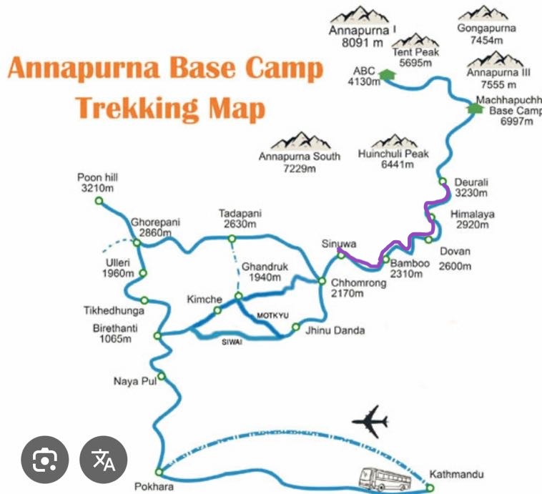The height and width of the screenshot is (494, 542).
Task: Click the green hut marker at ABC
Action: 387,74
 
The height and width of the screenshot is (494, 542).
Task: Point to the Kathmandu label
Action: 456,474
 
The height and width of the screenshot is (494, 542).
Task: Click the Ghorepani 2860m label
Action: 150,227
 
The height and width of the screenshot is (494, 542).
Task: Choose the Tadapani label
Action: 241,218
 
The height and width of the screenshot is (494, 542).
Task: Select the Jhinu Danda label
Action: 335,330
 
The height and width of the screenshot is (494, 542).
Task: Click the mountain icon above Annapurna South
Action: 300,140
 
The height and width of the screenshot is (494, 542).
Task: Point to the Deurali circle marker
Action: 443,182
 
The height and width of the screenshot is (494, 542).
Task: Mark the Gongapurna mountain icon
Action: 483,14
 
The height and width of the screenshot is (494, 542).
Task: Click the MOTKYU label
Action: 272,315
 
